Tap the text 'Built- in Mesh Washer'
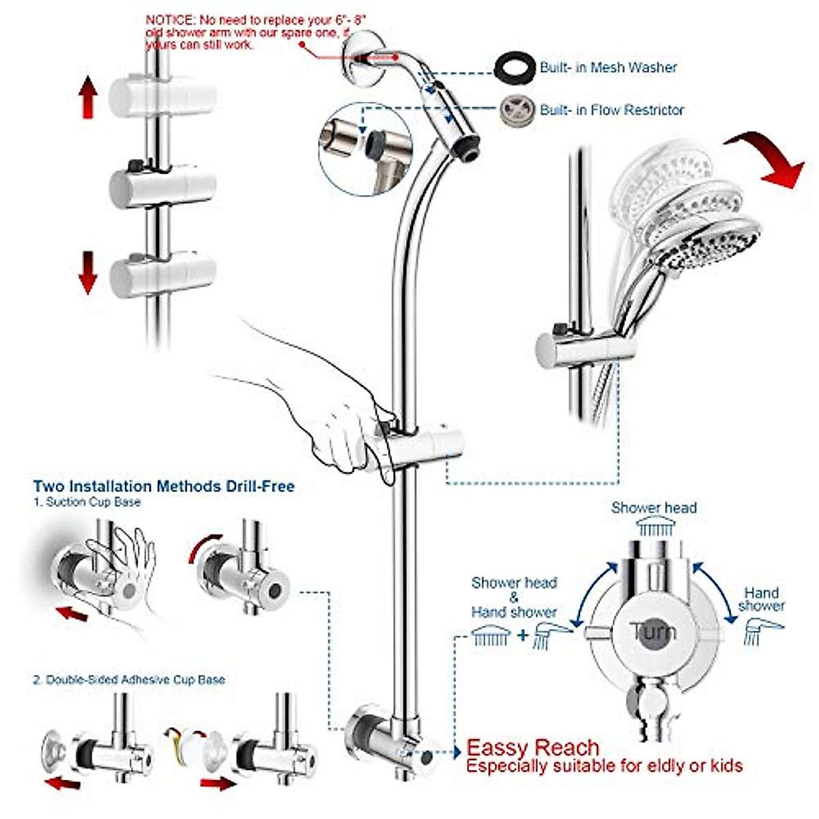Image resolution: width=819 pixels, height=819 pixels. tap(608, 68)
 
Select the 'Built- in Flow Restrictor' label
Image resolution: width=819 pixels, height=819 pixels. tap(612, 110)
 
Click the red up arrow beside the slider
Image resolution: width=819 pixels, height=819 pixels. tap(87, 98)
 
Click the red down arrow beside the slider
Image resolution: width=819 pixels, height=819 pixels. tap(87, 272)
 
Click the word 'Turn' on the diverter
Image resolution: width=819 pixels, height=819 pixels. tap(653, 632)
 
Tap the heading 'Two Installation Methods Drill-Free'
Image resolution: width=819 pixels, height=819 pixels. tap(164, 487)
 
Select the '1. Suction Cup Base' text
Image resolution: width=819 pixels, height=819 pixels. tap(87, 502)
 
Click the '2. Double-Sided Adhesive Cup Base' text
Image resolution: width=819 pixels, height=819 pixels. tap(128, 680)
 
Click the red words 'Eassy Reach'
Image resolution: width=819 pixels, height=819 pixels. tap(532, 747)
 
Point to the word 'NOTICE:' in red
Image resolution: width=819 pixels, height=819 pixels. tap(170, 20)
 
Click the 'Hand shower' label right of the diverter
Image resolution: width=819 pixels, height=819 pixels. tap(761, 599)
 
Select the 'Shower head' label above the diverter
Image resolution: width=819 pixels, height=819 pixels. tap(653, 508)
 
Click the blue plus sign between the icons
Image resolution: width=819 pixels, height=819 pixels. tap(523, 635)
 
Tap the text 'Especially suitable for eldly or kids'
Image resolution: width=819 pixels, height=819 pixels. tap(604, 766)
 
